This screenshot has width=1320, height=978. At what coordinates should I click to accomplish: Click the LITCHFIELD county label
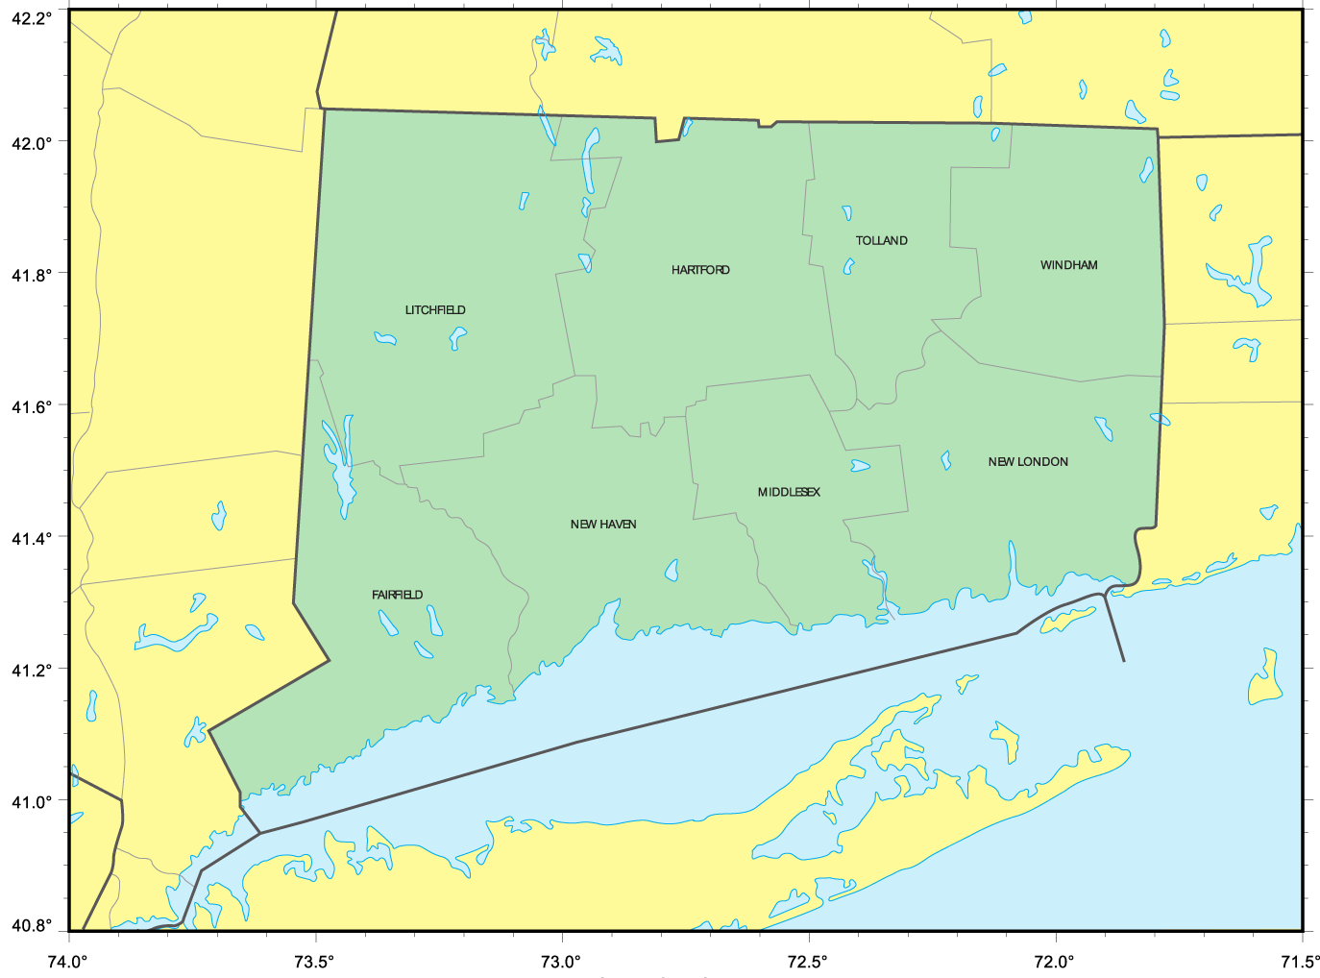(435, 310)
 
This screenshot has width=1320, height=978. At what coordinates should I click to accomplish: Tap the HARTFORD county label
(700, 270)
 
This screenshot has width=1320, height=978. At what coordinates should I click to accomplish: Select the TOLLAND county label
(882, 241)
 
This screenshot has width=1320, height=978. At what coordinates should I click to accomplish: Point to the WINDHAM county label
(1068, 265)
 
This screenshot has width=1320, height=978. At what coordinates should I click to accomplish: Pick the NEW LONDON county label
(1028, 462)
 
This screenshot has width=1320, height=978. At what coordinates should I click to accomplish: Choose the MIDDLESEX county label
(789, 493)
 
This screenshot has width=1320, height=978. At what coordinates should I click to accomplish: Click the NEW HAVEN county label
(603, 525)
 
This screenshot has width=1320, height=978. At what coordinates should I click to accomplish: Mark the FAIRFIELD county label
(397, 596)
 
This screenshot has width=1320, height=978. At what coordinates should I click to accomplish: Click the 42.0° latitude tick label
(32, 143)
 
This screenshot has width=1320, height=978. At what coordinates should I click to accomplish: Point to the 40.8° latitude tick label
(32, 927)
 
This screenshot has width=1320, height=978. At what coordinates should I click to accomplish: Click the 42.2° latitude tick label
(32, 18)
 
